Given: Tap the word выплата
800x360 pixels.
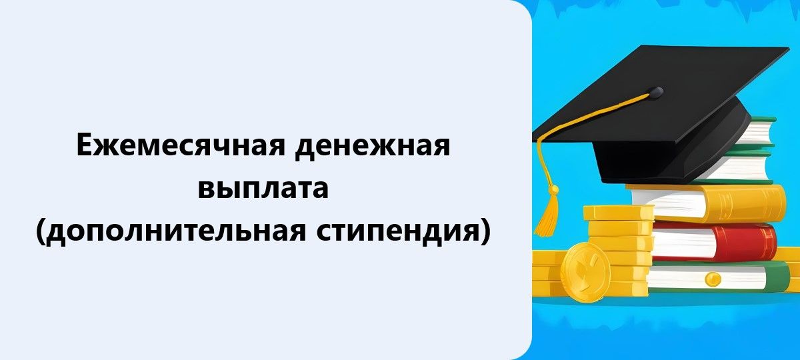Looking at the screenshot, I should point(264,188).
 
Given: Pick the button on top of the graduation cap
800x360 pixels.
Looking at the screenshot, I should point(656,91).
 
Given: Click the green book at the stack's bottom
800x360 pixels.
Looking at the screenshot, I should point(720,277).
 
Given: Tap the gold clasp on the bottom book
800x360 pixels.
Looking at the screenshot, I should point(714,277).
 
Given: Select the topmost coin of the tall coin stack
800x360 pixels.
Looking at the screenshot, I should point(618,212).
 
